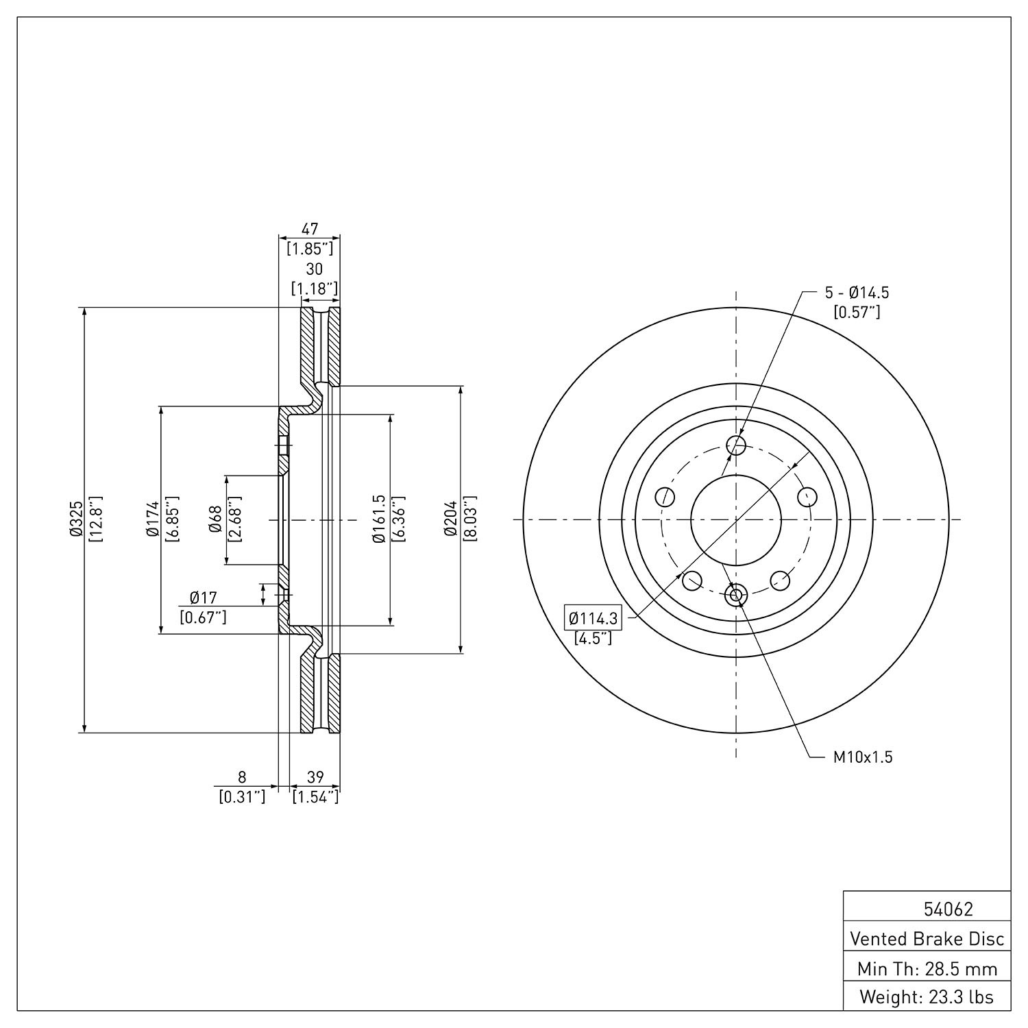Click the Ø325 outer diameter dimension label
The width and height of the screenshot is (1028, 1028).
coord(76,519)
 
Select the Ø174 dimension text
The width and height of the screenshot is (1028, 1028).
coord(152,519)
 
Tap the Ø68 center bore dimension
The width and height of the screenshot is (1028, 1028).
coord(215,519)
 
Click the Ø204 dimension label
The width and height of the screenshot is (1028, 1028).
coord(450,519)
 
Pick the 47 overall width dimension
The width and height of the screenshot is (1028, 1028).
coord(310,230)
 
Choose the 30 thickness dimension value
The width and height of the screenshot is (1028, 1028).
coord(315,269)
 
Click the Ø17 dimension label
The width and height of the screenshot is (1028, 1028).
coord(203,598)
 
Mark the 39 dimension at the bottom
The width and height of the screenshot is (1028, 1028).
coord(315,776)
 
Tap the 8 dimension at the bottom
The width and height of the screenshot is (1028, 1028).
coord(241,776)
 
